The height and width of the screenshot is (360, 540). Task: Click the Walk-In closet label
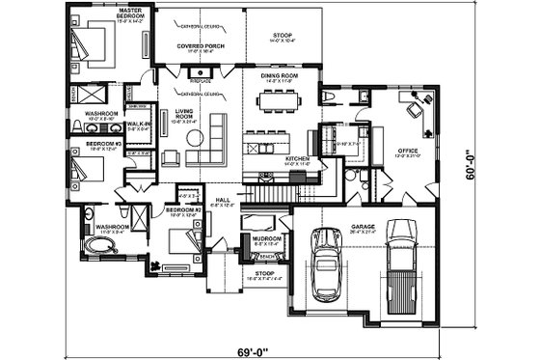[138, 125]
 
